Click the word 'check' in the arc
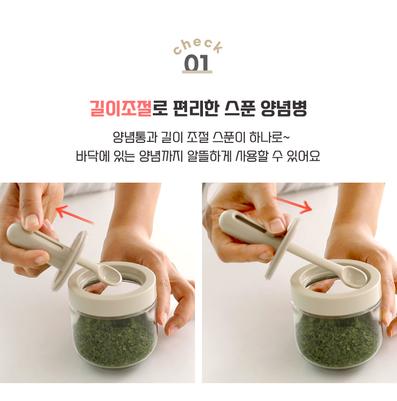point(198,46)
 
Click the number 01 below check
point(197,63)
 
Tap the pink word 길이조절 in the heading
point(121,108)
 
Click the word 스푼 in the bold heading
point(240,108)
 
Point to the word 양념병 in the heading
point(284,108)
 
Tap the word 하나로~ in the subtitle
point(269,137)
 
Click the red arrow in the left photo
point(75,215)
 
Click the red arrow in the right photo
point(292,204)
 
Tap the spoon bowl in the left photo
point(110,275)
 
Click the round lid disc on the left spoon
point(69,261)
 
